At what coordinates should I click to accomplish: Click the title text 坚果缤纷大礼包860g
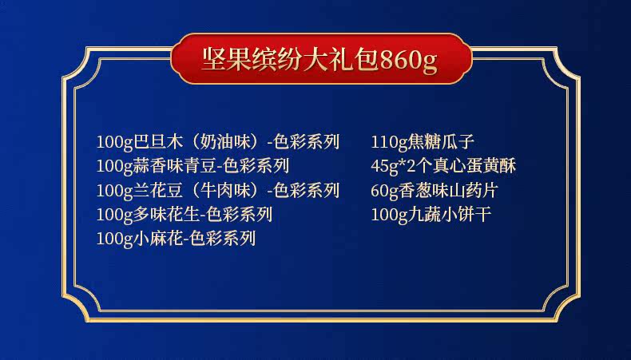point(319,60)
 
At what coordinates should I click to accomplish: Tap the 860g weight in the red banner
point(408,61)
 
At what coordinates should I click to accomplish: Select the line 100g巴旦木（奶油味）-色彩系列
point(218,142)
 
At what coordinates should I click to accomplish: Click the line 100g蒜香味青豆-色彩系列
point(192,166)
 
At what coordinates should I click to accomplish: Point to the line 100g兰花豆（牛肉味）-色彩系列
point(218,190)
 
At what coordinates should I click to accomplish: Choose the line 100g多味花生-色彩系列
point(184,215)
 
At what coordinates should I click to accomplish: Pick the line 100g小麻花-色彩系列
point(176,239)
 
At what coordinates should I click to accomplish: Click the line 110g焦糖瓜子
point(423,142)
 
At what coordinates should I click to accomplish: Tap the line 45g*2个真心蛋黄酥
point(443,166)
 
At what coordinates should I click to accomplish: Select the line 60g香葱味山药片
point(435,190)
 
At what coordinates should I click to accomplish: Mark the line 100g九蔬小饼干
point(431,215)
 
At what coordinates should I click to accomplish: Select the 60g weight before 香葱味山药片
point(384,191)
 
